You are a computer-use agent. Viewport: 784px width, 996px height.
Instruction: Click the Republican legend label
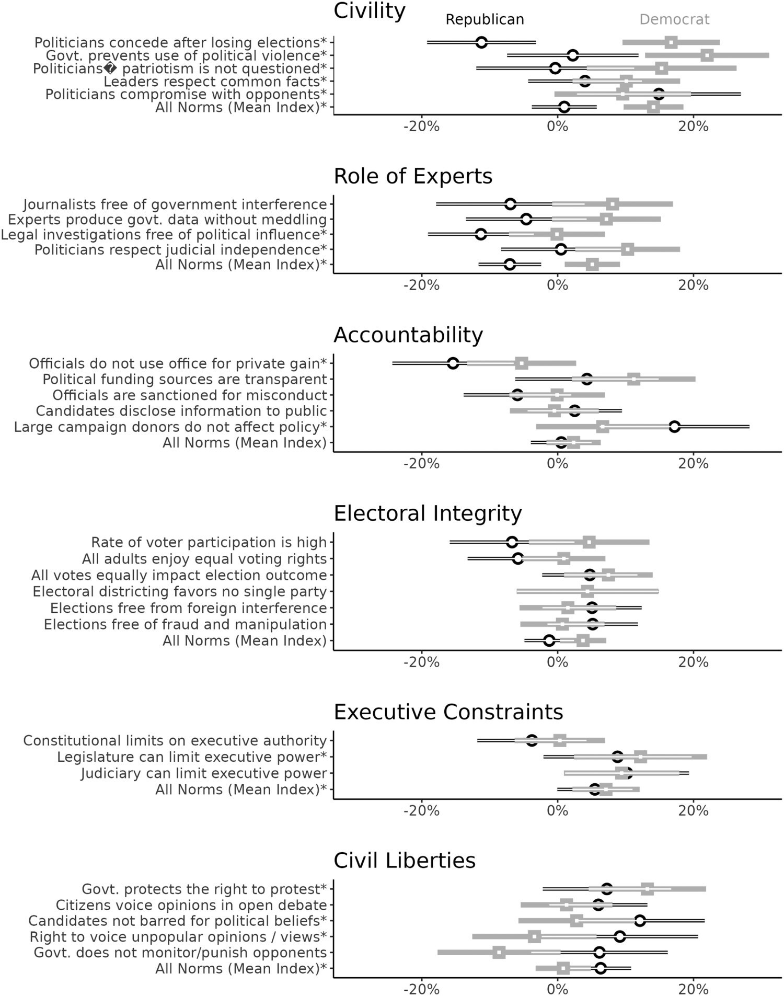click(485, 20)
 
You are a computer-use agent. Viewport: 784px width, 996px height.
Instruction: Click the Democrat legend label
click(674, 20)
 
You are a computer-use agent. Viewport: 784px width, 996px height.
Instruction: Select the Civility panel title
click(370, 11)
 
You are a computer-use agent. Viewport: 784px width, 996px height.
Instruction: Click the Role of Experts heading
click(413, 176)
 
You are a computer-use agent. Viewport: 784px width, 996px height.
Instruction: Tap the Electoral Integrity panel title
click(428, 513)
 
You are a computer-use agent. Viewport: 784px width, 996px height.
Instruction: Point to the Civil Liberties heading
click(405, 861)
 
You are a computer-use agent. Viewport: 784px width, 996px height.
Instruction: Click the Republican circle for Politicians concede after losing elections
click(481, 42)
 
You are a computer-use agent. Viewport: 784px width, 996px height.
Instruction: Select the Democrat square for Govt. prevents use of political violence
click(707, 55)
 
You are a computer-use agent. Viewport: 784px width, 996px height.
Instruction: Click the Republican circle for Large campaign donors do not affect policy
click(674, 427)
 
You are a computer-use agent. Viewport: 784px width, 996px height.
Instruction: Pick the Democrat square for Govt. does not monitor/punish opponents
click(499, 952)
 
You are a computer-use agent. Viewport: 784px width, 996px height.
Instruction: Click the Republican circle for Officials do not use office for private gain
click(453, 363)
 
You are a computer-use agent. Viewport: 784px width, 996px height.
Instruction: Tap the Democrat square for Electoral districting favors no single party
click(587, 591)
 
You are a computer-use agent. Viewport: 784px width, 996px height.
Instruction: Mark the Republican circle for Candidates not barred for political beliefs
click(639, 920)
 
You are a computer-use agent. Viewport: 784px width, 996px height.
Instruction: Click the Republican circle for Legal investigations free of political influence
click(481, 234)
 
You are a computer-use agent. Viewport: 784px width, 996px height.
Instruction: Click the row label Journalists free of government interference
click(175, 204)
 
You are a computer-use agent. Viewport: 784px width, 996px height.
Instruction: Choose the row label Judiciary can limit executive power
click(204, 773)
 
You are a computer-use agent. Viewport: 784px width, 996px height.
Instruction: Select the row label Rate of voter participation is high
click(209, 543)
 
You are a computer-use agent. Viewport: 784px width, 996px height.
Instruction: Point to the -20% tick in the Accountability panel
click(421, 464)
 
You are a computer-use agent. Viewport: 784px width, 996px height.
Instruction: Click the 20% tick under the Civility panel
click(693, 127)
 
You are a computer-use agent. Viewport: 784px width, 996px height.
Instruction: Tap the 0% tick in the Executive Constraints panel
click(557, 811)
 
